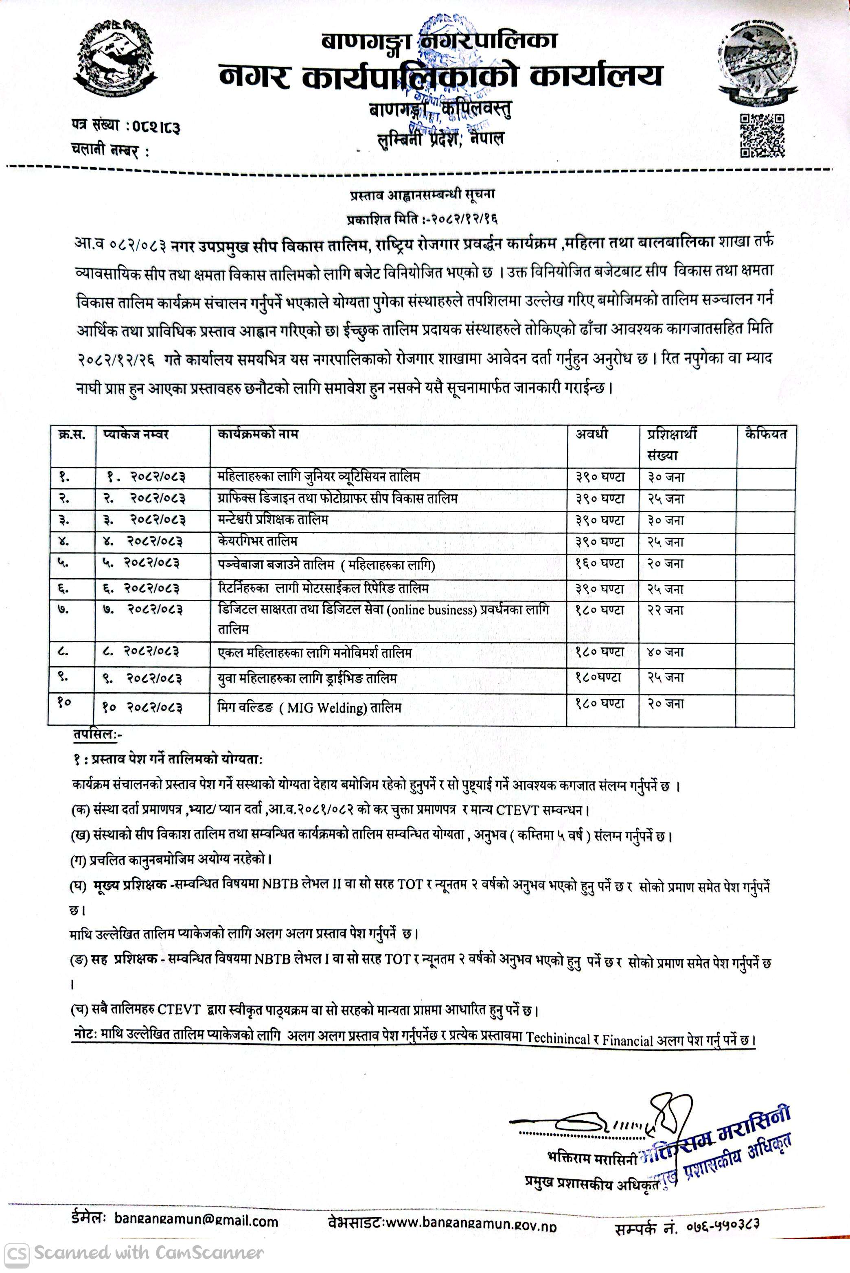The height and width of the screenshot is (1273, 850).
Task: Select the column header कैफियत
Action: point(765,435)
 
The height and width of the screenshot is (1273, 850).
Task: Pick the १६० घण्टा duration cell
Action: point(600,564)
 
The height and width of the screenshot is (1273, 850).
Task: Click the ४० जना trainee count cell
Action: point(666,652)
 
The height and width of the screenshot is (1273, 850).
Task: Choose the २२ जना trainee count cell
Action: point(666,610)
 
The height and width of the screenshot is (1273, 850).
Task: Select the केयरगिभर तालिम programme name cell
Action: point(257,541)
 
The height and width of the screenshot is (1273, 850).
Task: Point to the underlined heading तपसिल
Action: point(96,735)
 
